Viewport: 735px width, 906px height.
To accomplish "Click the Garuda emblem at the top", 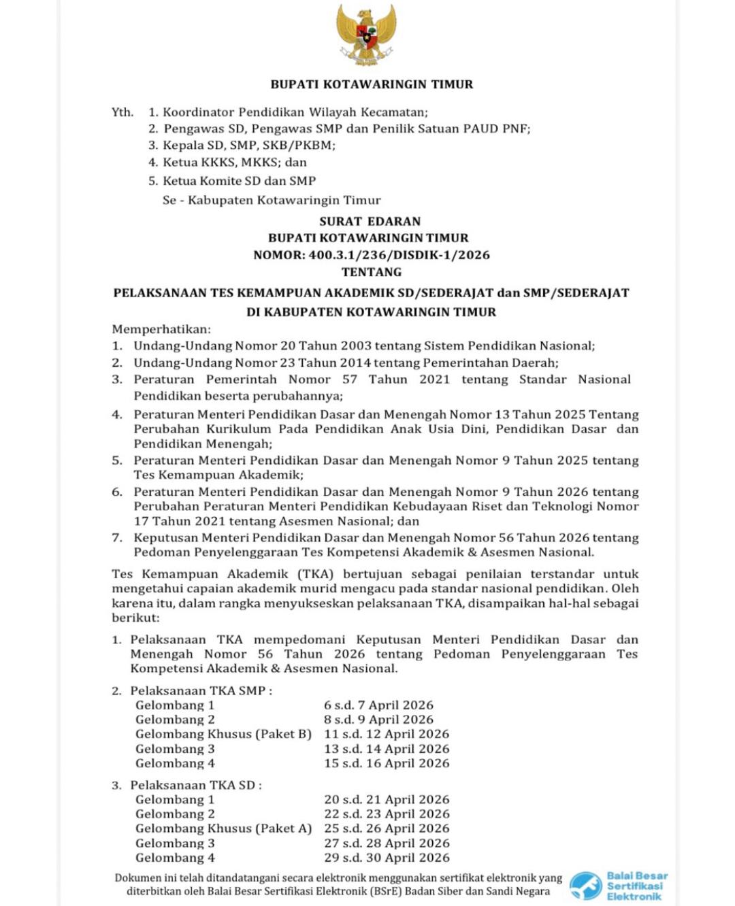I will [x=366, y=35].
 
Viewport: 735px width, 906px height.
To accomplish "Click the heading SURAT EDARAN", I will [x=370, y=221].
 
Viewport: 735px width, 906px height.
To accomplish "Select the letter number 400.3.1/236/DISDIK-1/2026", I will [x=399, y=255].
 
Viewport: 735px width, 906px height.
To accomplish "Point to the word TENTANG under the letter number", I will [x=372, y=272].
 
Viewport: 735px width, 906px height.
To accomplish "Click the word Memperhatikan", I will [x=161, y=329].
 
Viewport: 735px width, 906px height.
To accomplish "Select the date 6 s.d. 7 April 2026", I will [x=378, y=705].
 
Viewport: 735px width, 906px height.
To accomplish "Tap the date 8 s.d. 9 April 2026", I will [x=378, y=720].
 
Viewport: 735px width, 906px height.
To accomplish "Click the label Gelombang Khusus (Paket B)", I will [x=223, y=734].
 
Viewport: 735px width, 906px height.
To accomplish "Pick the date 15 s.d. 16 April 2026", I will [x=387, y=763].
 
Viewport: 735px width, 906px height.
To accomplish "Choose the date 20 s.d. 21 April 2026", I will [x=387, y=800].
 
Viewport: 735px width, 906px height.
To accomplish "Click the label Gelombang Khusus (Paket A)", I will [x=223, y=828].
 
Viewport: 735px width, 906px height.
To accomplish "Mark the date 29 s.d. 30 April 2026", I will [x=387, y=858].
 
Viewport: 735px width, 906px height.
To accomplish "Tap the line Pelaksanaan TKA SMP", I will [x=201, y=690].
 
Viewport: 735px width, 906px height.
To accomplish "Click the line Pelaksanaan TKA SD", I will [x=196, y=785].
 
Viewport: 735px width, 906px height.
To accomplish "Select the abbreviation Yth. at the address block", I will [x=122, y=112].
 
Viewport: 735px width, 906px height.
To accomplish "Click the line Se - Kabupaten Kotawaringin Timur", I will [x=272, y=200].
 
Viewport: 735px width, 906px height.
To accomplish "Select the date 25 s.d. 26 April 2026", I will [x=387, y=828].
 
